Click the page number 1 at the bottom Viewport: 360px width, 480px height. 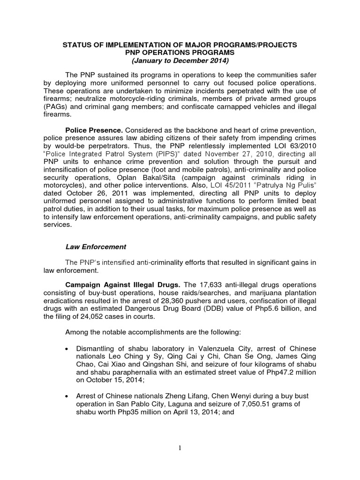coord(180,448)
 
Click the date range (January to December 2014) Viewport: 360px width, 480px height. coord(180,60)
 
